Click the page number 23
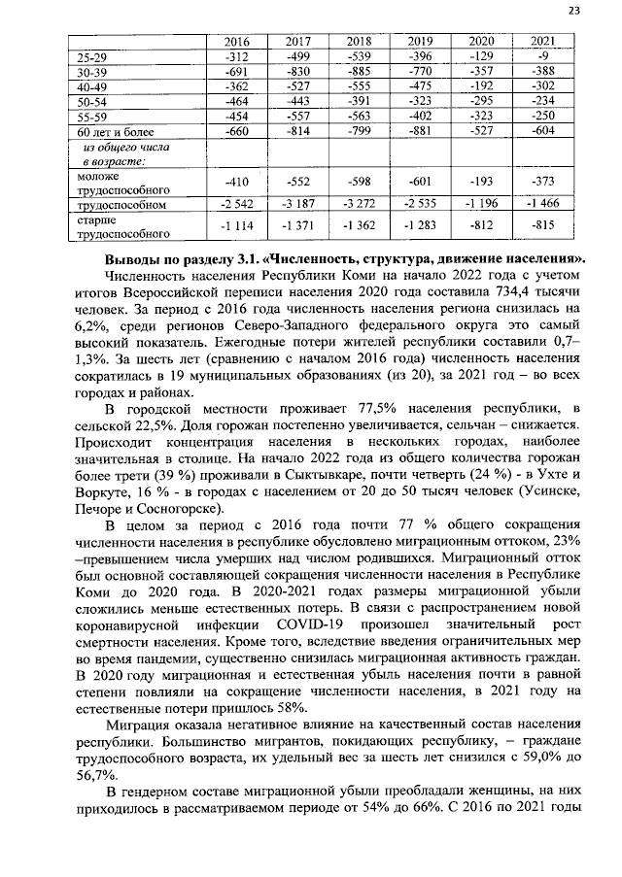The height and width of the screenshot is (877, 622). point(573,11)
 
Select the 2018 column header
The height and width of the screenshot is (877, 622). point(359,42)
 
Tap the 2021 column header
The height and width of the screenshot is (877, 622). point(543,42)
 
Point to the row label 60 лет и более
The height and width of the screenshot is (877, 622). point(111,130)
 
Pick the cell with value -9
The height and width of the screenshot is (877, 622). point(543,57)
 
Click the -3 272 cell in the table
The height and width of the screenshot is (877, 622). point(359,206)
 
